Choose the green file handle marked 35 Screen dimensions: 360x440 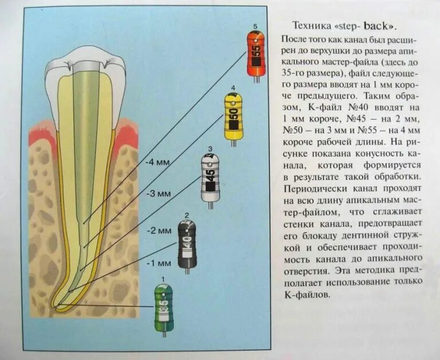(164, 307)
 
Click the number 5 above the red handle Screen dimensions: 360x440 (254, 26)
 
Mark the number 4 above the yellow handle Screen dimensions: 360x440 (233, 88)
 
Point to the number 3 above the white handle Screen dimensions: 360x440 (210, 149)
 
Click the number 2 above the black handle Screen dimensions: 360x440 (187, 215)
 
